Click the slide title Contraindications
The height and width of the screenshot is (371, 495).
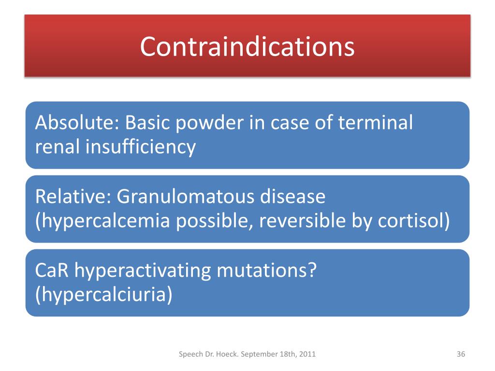[x=247, y=46]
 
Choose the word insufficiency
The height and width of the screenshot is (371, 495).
[x=141, y=146]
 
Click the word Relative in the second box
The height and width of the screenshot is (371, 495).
[x=72, y=197]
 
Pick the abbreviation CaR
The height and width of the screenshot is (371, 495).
[x=53, y=271]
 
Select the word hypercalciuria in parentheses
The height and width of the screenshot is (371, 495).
[x=103, y=295]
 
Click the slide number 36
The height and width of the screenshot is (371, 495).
[x=461, y=355]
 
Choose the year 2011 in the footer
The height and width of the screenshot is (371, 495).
[x=308, y=355]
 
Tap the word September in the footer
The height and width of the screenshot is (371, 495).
[x=258, y=355]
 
